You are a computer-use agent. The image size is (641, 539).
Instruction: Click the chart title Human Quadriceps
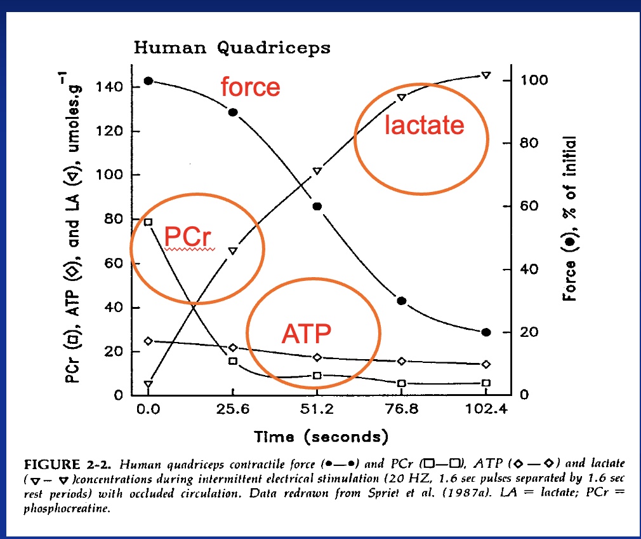(x=232, y=48)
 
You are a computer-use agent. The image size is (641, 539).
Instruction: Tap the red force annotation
(x=250, y=86)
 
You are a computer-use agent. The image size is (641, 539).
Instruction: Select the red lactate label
(x=424, y=125)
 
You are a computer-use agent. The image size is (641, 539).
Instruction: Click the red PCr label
(x=187, y=237)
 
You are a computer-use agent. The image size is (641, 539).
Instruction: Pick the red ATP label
(x=307, y=332)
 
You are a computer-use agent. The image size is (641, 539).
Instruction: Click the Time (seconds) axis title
(x=320, y=437)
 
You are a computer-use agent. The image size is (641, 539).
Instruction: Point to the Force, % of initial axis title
(x=570, y=219)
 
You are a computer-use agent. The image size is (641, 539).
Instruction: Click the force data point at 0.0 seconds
(x=149, y=81)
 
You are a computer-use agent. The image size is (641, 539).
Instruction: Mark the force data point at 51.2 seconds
(x=317, y=206)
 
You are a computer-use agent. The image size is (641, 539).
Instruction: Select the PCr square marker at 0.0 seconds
(x=149, y=222)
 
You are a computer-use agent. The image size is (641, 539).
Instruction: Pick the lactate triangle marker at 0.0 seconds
(x=149, y=385)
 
